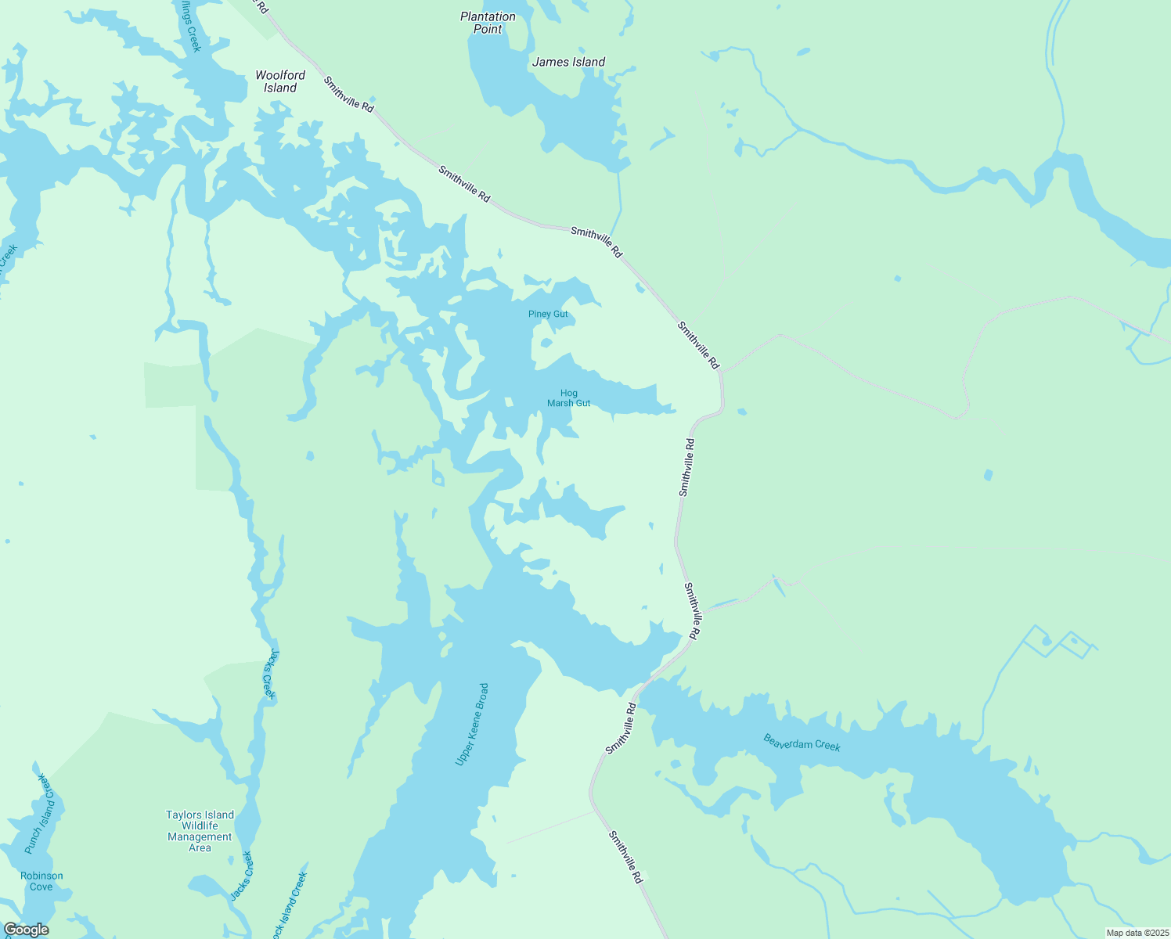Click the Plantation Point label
click(488, 23)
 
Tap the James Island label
click(568, 62)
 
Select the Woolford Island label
click(280, 81)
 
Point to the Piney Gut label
click(548, 315)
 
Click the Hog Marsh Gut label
click(569, 398)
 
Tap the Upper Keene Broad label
click(472, 725)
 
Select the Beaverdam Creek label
click(802, 742)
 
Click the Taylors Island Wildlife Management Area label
click(200, 831)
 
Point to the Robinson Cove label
click(41, 881)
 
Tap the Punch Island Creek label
click(41, 814)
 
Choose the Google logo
click(26, 930)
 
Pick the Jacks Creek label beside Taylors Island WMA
click(242, 876)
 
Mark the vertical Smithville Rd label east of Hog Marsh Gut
click(686, 467)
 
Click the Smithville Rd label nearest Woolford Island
click(348, 94)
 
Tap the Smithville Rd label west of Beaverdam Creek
click(621, 729)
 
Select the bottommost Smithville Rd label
click(626, 858)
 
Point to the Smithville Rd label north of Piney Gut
click(596, 242)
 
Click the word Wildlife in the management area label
click(200, 826)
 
